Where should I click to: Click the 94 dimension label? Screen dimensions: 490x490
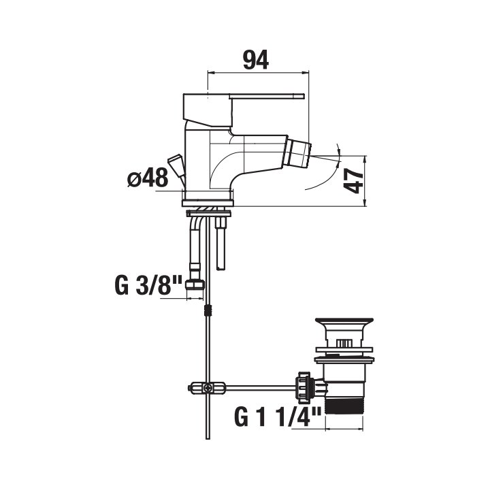pyautogui.click(x=256, y=60)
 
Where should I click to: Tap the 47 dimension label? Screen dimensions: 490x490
pyautogui.click(x=353, y=180)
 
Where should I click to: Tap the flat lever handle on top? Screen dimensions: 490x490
pyautogui.click(x=267, y=96)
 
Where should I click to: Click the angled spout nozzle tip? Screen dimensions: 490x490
pyautogui.click(x=299, y=154)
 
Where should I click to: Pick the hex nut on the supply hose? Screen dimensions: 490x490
pyautogui.click(x=195, y=284)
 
